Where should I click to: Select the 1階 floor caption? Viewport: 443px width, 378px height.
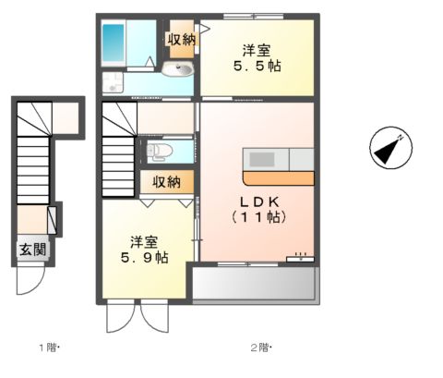pyautogui.click(x=47, y=348)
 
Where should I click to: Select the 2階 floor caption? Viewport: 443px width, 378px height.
pyautogui.click(x=259, y=348)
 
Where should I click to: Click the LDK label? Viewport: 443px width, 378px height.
pyautogui.click(x=260, y=201)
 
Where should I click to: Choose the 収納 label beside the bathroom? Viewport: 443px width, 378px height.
pyautogui.click(x=180, y=39)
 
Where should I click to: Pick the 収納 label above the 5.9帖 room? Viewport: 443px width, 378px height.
pyautogui.click(x=167, y=182)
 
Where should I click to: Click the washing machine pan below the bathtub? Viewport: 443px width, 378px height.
pyautogui.click(x=113, y=81)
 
